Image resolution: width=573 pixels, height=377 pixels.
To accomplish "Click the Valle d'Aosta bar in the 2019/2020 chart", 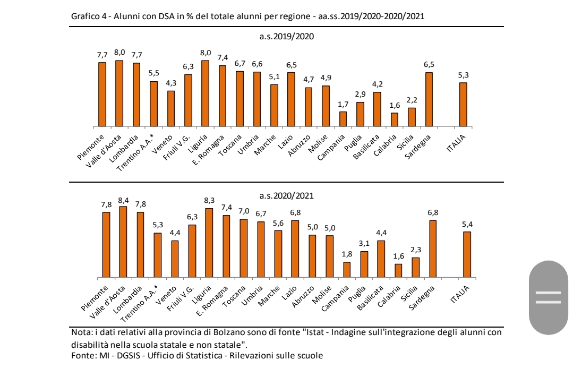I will pos(119,93).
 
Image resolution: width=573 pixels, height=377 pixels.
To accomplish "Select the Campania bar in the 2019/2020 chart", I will pos(343,119).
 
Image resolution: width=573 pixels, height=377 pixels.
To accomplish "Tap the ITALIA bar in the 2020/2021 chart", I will pos(467,254).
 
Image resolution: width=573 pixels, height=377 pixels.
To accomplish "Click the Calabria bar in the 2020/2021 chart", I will pos(398,271).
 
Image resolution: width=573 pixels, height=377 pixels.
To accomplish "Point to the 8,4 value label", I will pos(123,200).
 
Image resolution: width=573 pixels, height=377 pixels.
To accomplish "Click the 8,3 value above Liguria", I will pos(209,200).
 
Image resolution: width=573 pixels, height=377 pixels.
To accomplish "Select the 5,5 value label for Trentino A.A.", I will pos(153,73).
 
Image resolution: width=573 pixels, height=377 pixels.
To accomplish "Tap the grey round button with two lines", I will pos(549,297).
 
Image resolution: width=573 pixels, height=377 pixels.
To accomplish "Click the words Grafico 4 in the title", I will pos(87,16).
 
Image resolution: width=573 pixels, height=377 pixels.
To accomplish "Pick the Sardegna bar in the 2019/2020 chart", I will pos(429,99).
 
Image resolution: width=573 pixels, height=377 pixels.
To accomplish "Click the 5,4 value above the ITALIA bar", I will pos(467,224).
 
